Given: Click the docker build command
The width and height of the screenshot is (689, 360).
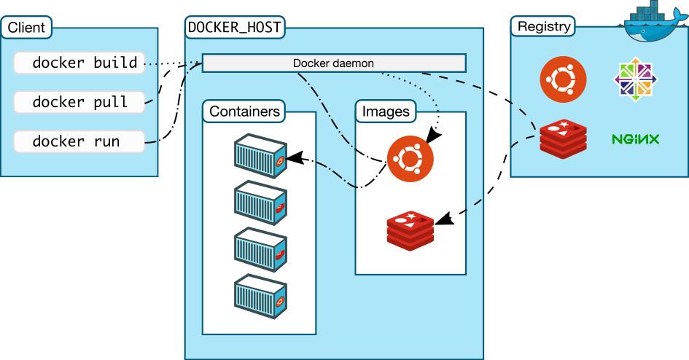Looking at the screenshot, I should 79,63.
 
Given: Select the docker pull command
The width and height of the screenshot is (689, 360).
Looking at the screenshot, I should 79,102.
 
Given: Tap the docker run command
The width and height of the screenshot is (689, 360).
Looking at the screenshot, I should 79,141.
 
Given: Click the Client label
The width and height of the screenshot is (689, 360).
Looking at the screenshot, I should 27,28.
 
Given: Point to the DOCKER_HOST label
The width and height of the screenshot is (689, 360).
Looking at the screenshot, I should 235,28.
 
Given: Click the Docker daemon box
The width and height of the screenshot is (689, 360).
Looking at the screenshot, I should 333,63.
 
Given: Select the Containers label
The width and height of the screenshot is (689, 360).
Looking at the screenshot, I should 244,111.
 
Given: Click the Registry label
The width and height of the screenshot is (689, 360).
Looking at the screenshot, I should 543,27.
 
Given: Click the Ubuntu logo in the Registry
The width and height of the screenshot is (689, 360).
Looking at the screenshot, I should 564,80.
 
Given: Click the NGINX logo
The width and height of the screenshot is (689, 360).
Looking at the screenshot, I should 636,138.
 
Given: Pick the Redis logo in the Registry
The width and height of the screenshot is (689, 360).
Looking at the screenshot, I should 564,138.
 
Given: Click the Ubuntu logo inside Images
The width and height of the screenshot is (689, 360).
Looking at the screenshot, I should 410,159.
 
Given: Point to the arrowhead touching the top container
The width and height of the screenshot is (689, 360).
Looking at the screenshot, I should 293,157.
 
